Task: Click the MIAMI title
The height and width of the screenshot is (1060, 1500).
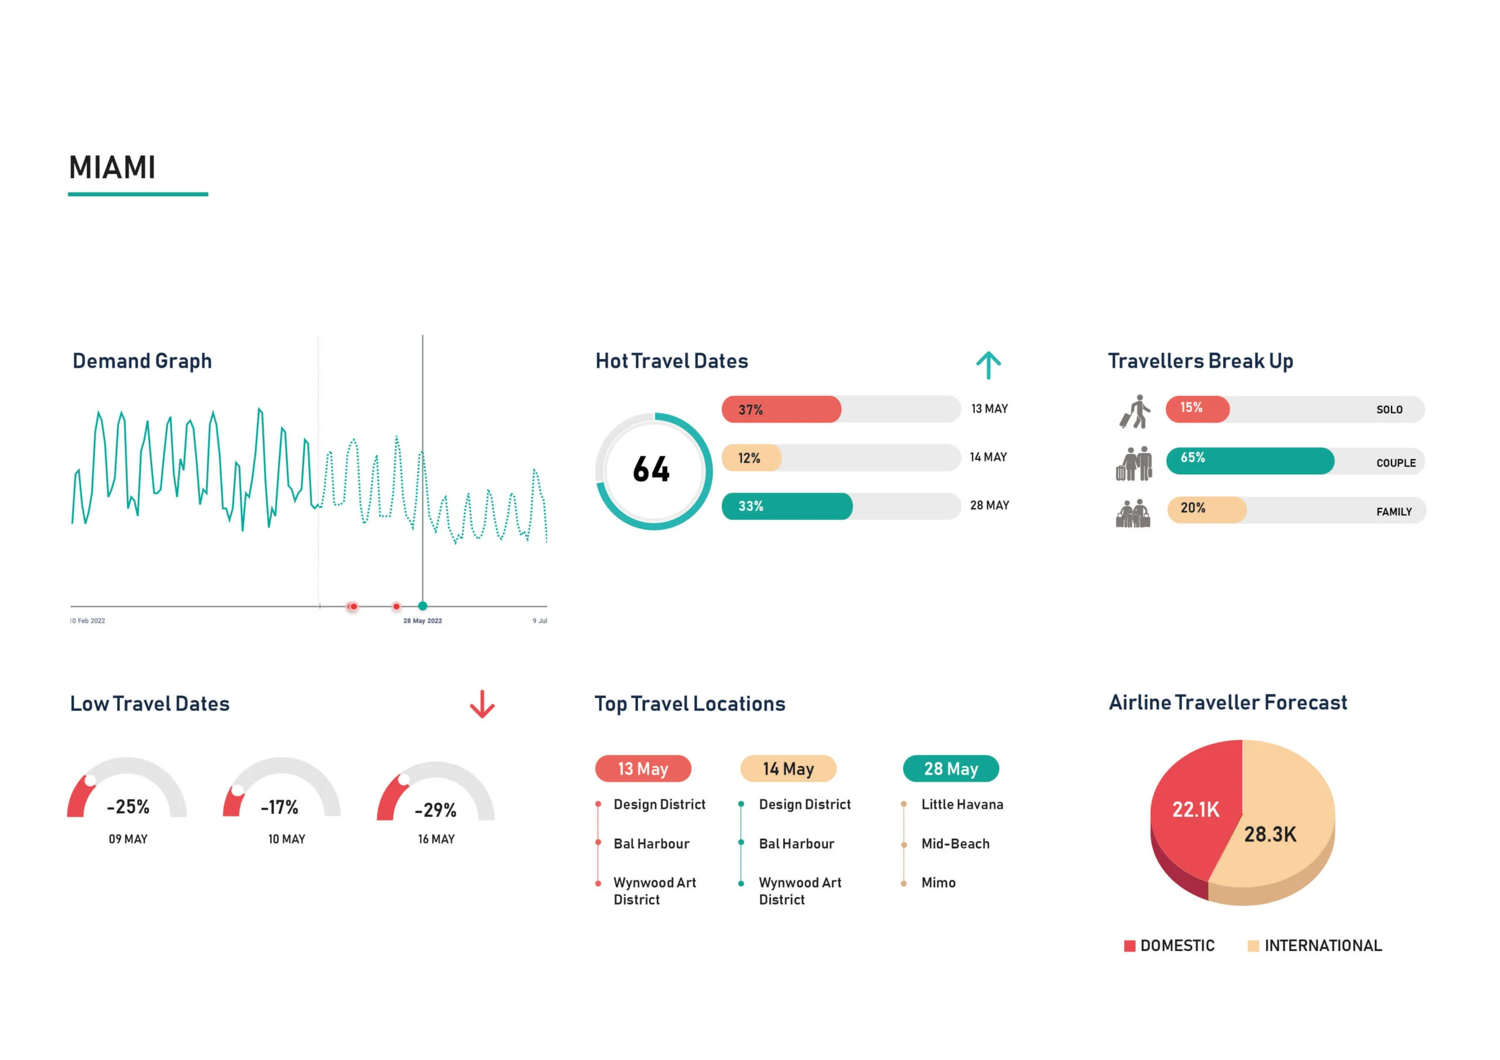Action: pyautogui.click(x=112, y=168)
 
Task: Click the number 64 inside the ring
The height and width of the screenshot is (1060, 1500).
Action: pyautogui.click(x=652, y=470)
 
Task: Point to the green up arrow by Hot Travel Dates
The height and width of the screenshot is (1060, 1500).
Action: pyautogui.click(x=988, y=365)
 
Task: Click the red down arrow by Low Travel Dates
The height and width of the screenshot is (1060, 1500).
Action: pyautogui.click(x=482, y=704)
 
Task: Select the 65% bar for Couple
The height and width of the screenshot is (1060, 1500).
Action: pyautogui.click(x=1249, y=460)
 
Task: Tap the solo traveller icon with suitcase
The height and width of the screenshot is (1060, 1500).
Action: pyautogui.click(x=1136, y=412)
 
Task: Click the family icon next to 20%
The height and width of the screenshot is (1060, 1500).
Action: pyautogui.click(x=1133, y=514)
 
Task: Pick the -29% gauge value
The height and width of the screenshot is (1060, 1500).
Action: pyautogui.click(x=436, y=811)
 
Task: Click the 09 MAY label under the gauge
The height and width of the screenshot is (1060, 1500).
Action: pyautogui.click(x=128, y=839)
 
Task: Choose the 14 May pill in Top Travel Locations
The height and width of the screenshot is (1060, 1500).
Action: pyautogui.click(x=788, y=769)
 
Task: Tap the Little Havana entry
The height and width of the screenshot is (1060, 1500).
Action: pyautogui.click(x=962, y=805)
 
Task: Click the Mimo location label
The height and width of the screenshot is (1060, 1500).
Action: pyautogui.click(x=938, y=883)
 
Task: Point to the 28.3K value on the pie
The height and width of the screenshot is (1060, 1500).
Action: pyautogui.click(x=1269, y=835)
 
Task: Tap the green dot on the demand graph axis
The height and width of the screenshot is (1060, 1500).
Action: pyautogui.click(x=422, y=606)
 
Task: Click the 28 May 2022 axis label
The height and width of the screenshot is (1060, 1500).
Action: pyautogui.click(x=422, y=621)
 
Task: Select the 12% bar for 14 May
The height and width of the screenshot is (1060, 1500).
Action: pyautogui.click(x=751, y=458)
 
